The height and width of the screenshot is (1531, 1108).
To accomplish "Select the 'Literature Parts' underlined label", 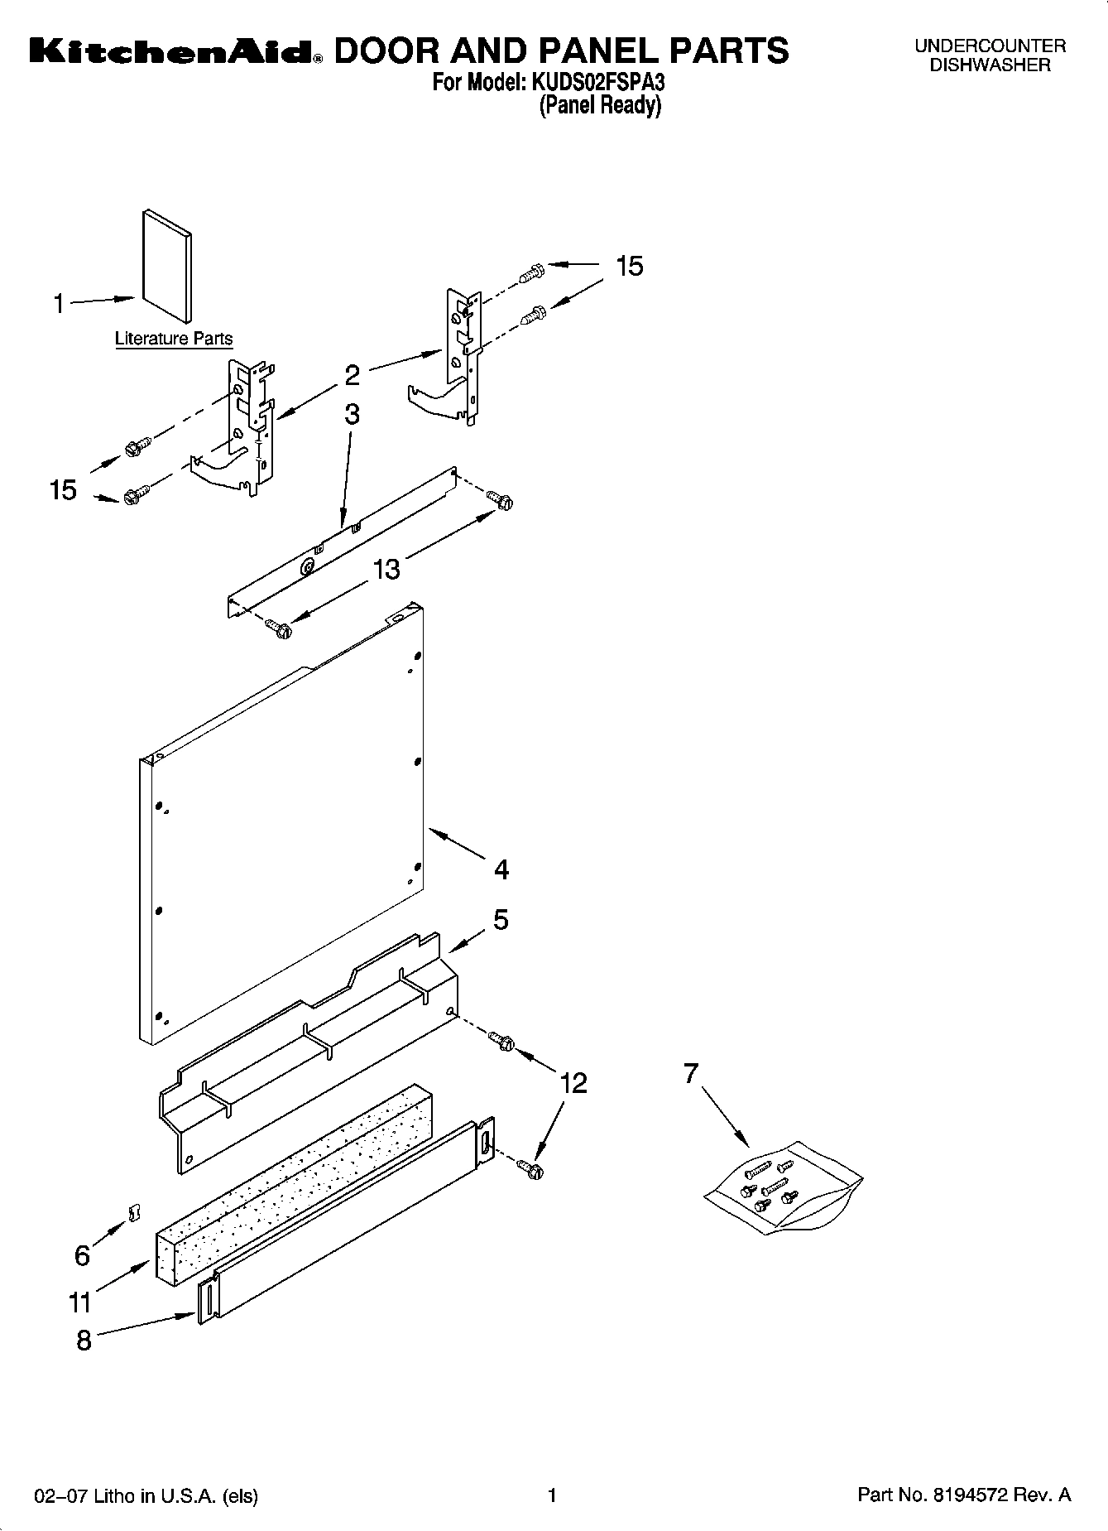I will click(x=173, y=339).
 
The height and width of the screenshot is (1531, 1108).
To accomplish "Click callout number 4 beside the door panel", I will click(x=501, y=869).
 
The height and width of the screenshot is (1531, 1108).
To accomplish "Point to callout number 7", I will click(x=691, y=1074).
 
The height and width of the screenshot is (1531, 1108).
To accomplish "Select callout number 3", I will click(x=352, y=414).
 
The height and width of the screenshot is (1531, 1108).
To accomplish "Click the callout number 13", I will click(x=386, y=569).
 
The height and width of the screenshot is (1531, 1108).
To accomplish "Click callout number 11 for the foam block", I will click(x=79, y=1302).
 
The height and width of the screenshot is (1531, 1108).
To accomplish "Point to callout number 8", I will click(x=84, y=1341).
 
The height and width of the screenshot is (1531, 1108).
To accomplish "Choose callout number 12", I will click(x=573, y=1082).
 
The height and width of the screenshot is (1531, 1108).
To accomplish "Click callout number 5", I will click(x=501, y=920).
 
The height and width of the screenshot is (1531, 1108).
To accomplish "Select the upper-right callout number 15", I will click(x=629, y=266).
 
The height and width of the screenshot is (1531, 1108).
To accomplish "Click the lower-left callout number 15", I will click(x=63, y=489).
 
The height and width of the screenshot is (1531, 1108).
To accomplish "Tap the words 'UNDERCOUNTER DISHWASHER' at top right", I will click(x=990, y=55).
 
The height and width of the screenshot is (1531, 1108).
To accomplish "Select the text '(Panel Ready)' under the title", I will click(x=600, y=105).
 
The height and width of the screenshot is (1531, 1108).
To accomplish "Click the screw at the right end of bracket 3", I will click(x=501, y=500).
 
